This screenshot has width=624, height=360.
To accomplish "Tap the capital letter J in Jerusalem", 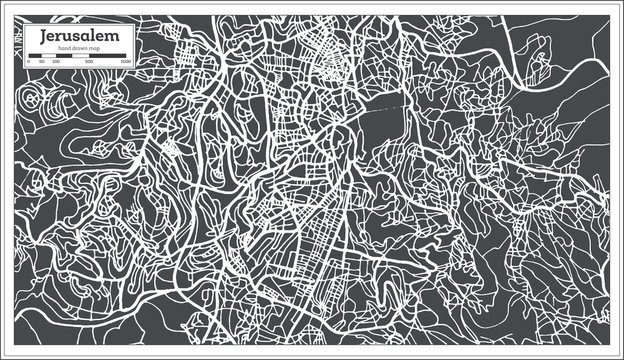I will (x=43, y=35).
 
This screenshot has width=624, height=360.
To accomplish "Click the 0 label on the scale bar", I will (x=27, y=63).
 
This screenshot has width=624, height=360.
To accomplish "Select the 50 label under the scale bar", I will (x=41, y=63).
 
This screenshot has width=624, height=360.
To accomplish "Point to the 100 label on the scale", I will (x=55, y=63).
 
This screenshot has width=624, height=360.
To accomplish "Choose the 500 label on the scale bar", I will (x=90, y=63).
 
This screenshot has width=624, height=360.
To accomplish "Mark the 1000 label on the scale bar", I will (x=125, y=63).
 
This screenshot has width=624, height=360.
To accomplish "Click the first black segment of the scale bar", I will (x=34, y=56).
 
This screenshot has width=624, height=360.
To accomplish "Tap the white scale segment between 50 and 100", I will (x=48, y=56).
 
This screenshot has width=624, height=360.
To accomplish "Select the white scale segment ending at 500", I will (x=72, y=56).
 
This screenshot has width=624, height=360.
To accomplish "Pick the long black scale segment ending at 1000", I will (x=108, y=56).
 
